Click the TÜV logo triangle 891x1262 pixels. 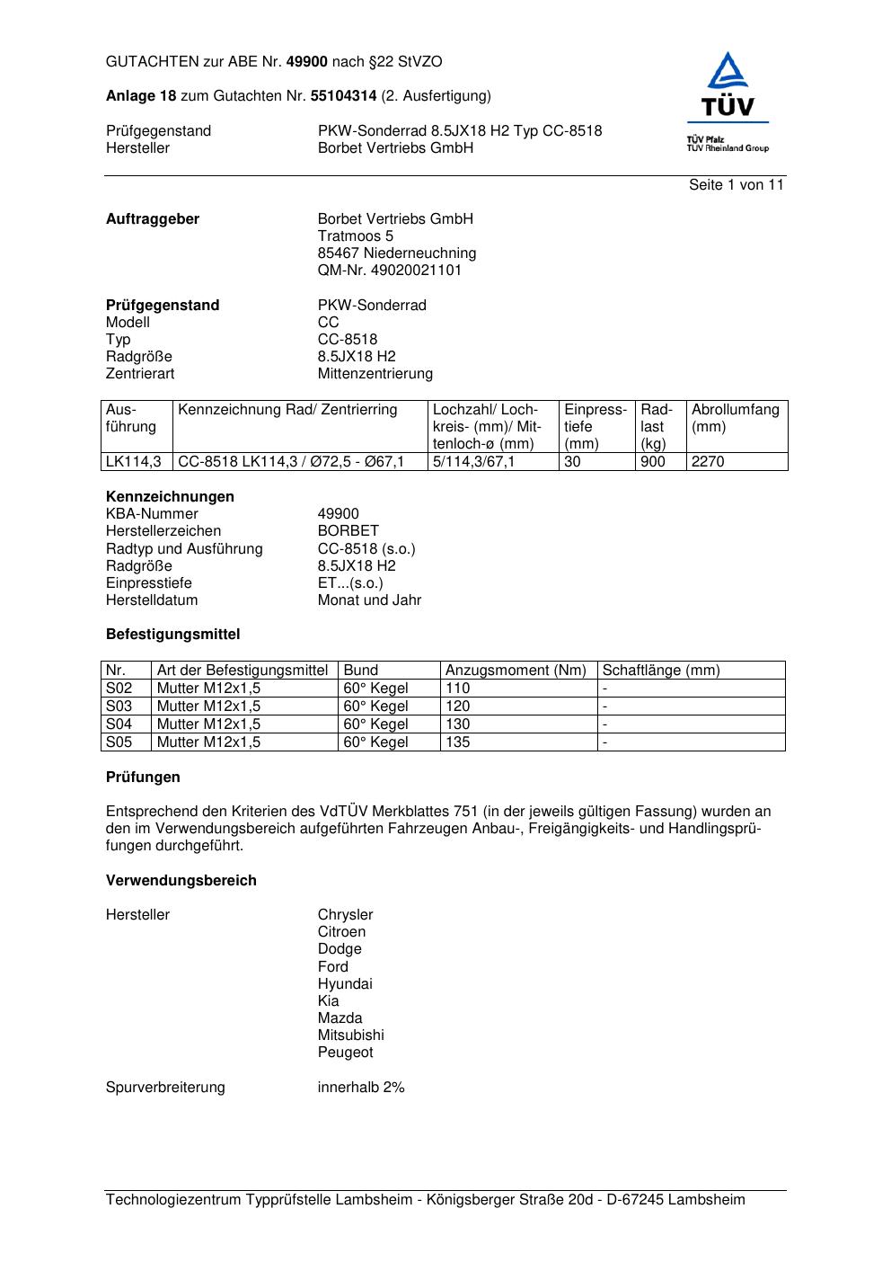click(x=728, y=74)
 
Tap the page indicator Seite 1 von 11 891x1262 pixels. click(x=736, y=185)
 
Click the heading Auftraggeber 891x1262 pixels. click(x=153, y=219)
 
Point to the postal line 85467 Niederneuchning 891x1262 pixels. click(x=396, y=253)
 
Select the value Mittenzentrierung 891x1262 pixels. click(x=375, y=374)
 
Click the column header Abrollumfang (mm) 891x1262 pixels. click(x=735, y=418)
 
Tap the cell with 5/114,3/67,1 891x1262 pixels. click(x=473, y=462)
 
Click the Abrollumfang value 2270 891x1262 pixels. click(x=707, y=462)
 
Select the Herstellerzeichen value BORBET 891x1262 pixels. click(x=348, y=531)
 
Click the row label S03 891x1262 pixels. click(x=119, y=707)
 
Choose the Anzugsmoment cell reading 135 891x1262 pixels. click(x=457, y=742)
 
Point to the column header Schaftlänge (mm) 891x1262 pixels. click(x=660, y=671)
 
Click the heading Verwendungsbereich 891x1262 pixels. click(x=181, y=881)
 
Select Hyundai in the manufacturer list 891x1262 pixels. click(x=344, y=984)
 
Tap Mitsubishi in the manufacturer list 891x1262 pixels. click(x=350, y=1035)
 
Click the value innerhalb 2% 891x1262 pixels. click(x=360, y=1088)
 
